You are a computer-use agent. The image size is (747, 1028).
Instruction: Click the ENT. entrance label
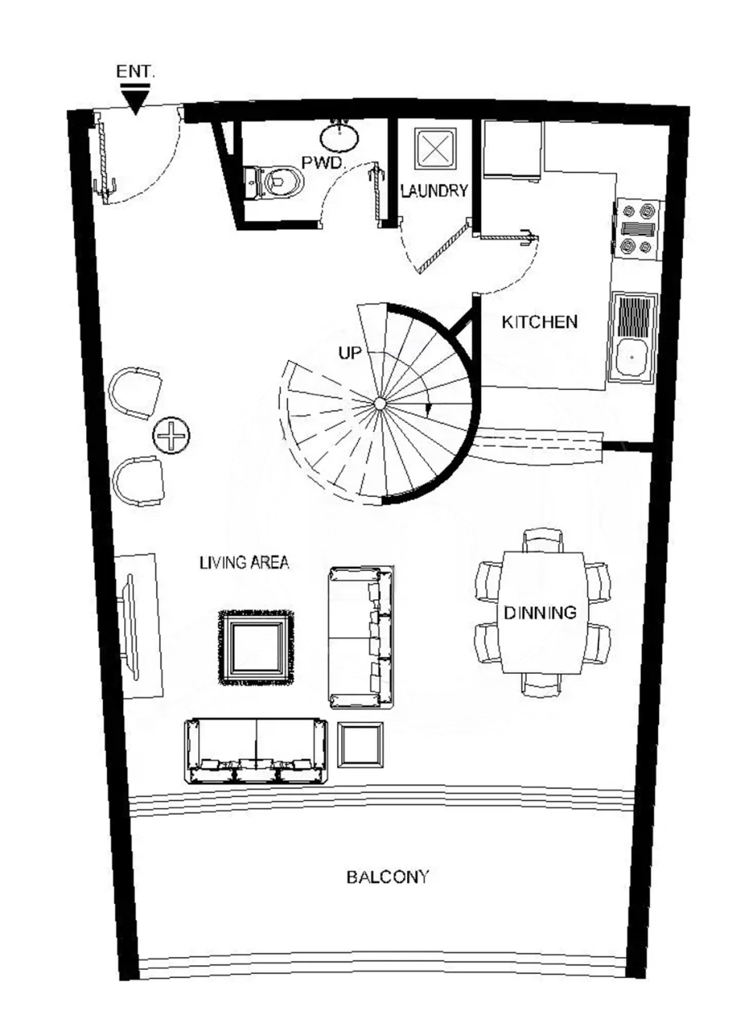click(x=135, y=72)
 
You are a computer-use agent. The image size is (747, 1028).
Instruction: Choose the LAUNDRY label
click(x=435, y=191)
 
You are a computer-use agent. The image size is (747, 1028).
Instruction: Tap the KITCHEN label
click(x=540, y=322)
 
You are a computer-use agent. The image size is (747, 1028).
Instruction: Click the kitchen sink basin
click(x=631, y=358)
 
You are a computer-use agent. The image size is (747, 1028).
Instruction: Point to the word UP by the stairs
click(x=350, y=353)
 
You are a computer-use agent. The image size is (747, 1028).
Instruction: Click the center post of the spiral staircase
click(x=379, y=403)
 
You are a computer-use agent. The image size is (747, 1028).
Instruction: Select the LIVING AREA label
click(x=244, y=563)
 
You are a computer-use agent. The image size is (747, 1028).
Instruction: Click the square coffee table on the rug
click(x=256, y=647)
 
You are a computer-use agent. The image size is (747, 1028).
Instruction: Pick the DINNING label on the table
click(x=540, y=612)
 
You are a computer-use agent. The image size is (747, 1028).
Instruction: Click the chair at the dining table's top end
click(x=543, y=540)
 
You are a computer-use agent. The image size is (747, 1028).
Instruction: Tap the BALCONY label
click(x=388, y=877)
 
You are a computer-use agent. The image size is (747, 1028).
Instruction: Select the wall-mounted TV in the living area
click(x=131, y=627)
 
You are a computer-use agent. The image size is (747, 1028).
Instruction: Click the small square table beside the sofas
click(x=361, y=745)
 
